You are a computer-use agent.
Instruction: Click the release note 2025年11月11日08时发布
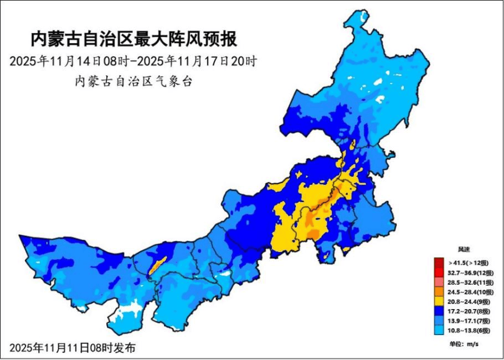coord(72,348)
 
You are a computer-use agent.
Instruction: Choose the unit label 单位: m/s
coord(464,344)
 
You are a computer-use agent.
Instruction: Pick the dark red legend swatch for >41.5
coord(439,263)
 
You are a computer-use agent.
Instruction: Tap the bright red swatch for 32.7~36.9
coord(439,272)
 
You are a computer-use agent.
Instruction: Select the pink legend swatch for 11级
coord(439,282)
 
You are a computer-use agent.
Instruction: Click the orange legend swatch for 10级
coord(439,292)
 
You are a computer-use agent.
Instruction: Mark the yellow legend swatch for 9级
coord(439,301)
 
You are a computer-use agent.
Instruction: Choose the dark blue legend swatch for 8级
coord(439,311)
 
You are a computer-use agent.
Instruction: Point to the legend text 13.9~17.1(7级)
coord(469,321)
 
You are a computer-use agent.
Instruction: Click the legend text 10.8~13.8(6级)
coord(469,331)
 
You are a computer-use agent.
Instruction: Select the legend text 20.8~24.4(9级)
coord(469,302)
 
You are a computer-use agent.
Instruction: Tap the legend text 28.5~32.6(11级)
coord(469,282)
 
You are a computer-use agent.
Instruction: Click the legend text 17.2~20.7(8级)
coord(469,311)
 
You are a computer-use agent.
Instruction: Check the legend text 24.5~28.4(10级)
coord(469,292)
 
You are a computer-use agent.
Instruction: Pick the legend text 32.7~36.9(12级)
coord(469,272)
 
